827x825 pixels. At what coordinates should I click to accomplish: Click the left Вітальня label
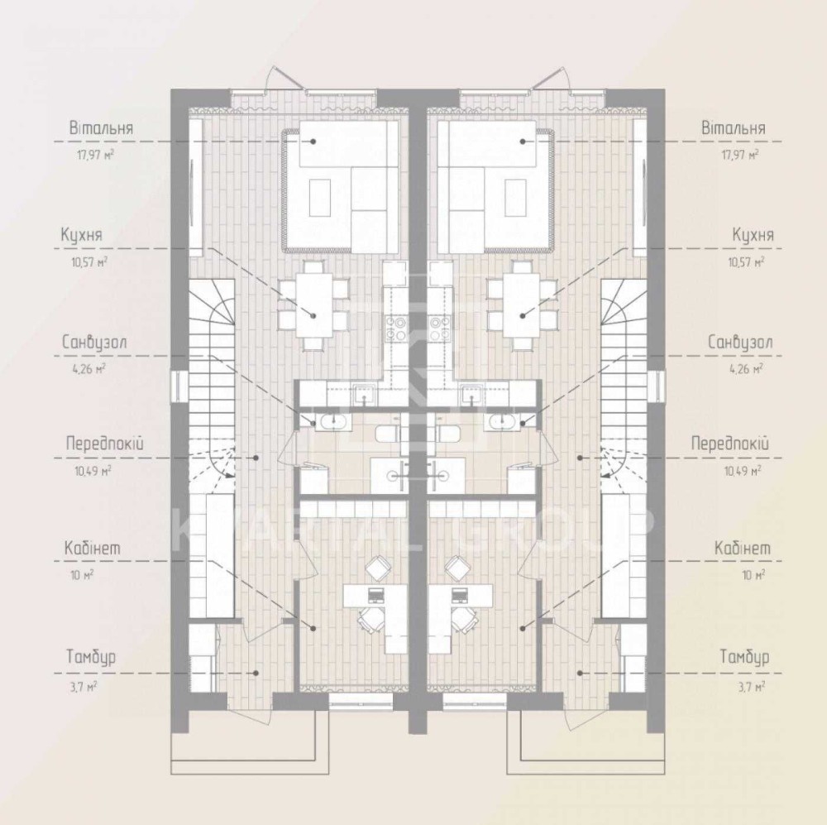coord(101,128)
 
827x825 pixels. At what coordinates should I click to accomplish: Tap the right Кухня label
coord(753,235)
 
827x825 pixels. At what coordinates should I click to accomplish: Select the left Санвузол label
coord(94,342)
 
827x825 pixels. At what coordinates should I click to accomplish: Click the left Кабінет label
coord(93,548)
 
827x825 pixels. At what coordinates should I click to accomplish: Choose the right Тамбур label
coord(745,657)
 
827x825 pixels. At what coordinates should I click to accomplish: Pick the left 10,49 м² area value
coord(93,471)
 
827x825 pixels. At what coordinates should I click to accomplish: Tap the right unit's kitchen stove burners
coord(438,329)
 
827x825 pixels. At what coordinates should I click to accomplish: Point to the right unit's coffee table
coord(514,198)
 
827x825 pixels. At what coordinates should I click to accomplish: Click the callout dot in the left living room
coord(313,141)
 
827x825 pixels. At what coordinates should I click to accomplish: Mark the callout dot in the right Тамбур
coord(579,673)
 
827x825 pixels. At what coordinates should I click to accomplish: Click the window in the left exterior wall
coord(179,387)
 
